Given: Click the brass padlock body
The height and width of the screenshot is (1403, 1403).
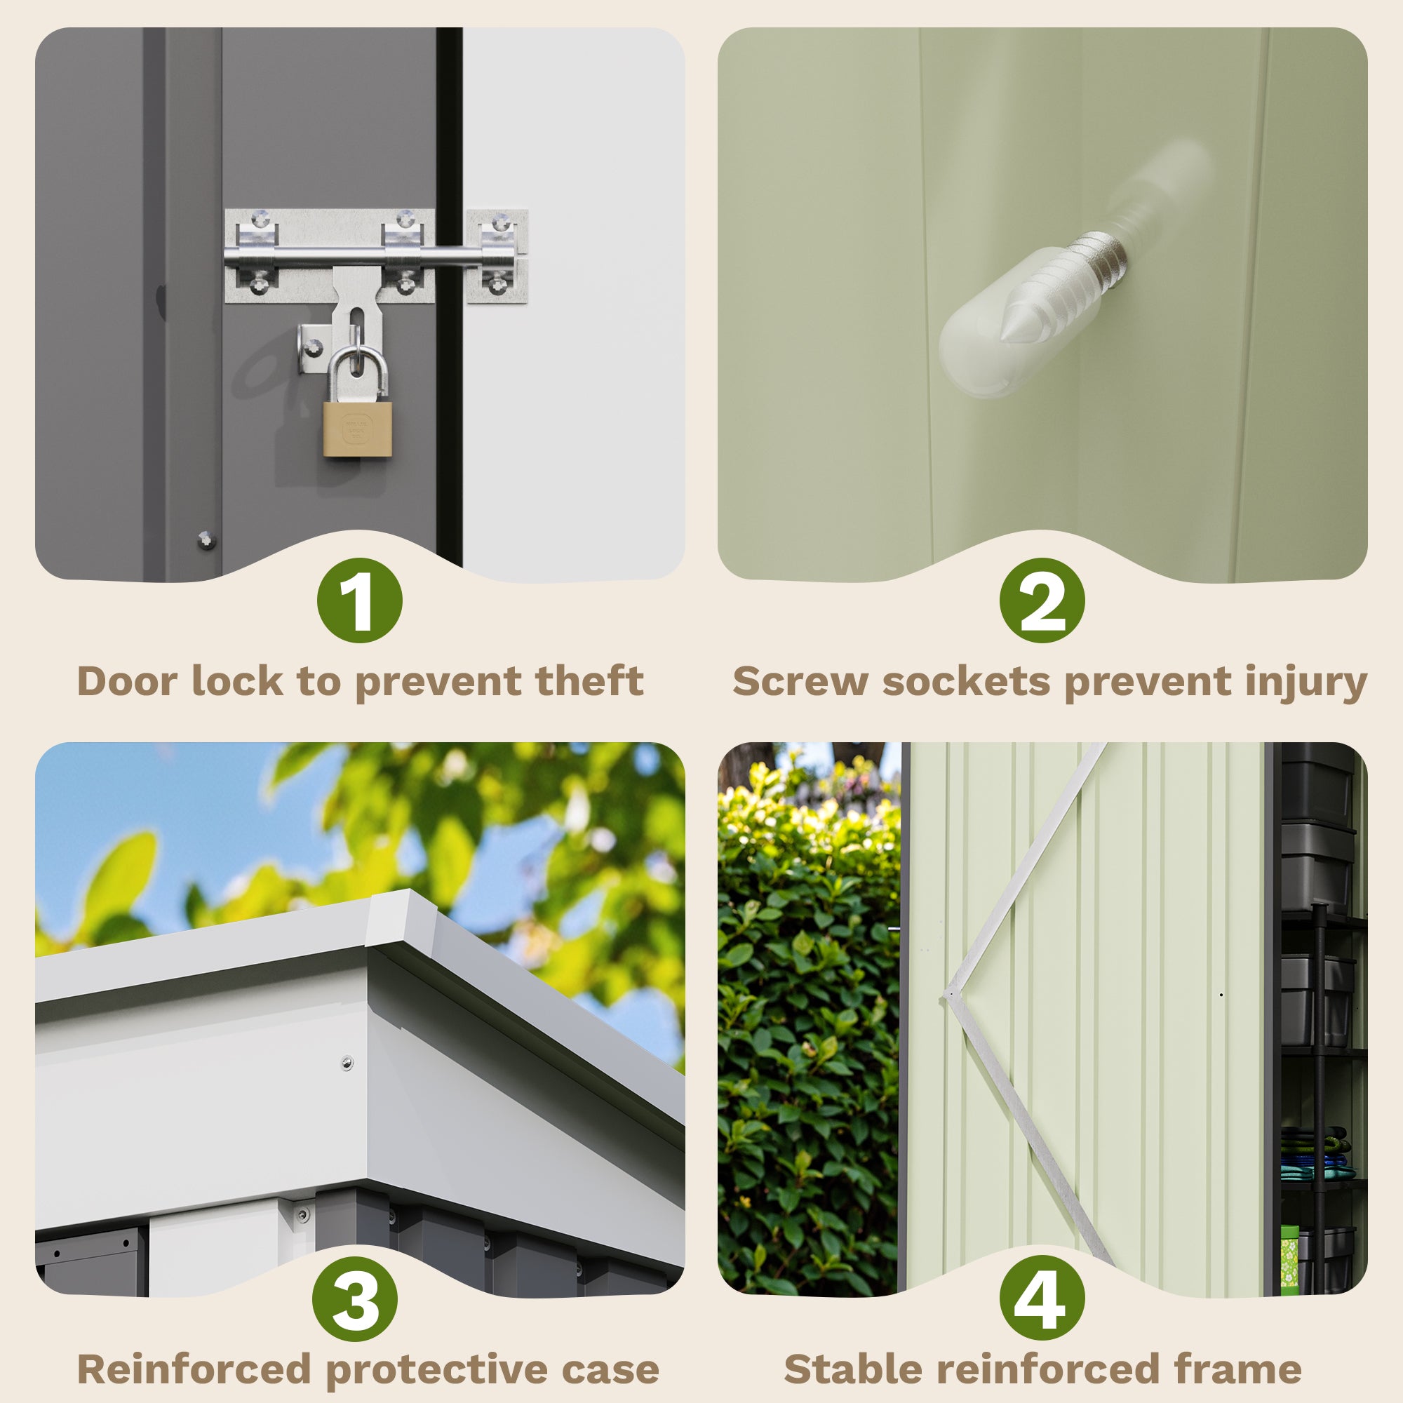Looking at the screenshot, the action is (x=357, y=429).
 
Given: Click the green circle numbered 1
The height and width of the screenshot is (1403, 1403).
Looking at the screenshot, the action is (x=359, y=600).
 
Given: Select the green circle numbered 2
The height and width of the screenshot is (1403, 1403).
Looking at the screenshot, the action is (x=1042, y=600).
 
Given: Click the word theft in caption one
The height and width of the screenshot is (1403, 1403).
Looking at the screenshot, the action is (x=589, y=681).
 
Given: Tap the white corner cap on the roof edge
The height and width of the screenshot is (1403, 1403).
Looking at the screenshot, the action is (x=401, y=921).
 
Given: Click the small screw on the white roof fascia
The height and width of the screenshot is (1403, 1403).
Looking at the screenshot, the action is (x=348, y=1062).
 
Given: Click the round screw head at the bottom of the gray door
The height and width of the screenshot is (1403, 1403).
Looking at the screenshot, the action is (x=206, y=540).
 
